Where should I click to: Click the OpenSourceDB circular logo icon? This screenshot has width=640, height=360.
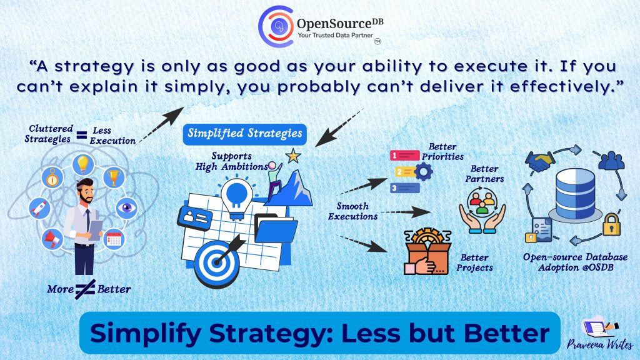coord(276,26)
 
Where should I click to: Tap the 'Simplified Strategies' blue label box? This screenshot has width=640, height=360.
coord(244,134)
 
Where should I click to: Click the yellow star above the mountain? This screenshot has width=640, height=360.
coord(293,156)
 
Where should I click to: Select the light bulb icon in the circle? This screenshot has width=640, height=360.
coord(83,164)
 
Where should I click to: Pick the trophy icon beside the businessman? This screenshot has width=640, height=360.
coord(114,177)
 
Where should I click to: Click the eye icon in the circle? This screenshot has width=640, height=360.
coord(126,207)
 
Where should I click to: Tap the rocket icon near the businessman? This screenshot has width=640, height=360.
coord(40,207)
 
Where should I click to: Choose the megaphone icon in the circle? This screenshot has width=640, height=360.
coord(52,239)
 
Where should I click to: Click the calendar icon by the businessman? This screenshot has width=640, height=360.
coord(114,239)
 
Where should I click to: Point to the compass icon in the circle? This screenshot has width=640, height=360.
coord(52,177)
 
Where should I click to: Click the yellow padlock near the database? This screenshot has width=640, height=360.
coord(611,224)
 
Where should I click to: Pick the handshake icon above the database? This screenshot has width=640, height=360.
coord(539,161)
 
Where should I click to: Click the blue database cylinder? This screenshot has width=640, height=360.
coord(575,194)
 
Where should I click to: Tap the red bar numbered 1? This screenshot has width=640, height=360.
coord(404,156)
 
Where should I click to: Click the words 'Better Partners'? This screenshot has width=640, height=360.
coord(484,174)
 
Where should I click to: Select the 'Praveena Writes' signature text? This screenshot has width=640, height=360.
coord(599,344)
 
